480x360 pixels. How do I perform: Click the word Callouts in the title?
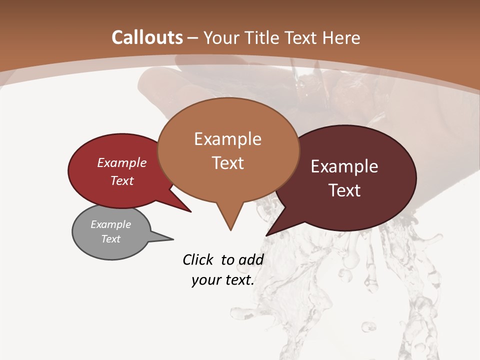(x=147, y=37)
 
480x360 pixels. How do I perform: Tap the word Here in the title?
(x=342, y=37)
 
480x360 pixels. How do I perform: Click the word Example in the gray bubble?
(x=110, y=224)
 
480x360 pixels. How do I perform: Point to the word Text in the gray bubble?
(x=110, y=239)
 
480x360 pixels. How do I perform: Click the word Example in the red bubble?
(x=121, y=162)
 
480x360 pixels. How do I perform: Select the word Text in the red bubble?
(x=121, y=180)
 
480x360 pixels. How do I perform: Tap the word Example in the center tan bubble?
(x=227, y=138)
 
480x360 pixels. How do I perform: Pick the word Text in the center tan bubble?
(x=227, y=162)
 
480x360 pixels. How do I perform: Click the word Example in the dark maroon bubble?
(x=344, y=166)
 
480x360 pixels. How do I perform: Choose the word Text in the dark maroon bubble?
(x=344, y=190)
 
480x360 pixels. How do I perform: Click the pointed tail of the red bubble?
(x=190, y=211)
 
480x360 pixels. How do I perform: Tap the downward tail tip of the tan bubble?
(x=230, y=230)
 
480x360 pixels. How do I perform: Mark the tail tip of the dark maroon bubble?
(x=267, y=235)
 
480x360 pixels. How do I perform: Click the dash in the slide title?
(x=193, y=38)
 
